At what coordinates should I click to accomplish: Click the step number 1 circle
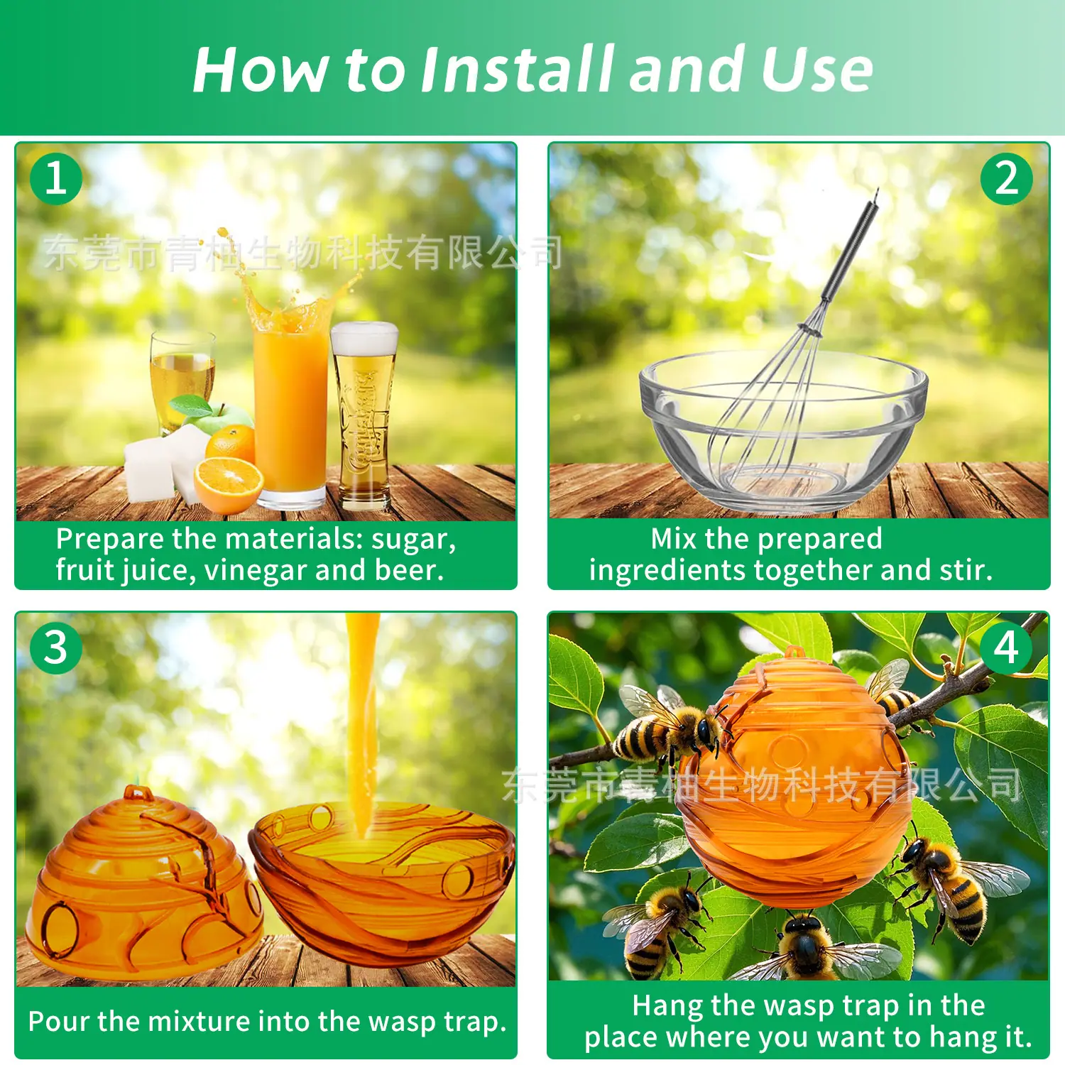(x=56, y=178)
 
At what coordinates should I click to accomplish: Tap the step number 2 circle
(x=1006, y=178)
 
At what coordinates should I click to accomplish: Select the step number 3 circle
(x=56, y=648)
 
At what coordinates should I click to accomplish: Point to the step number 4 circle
(x=1006, y=648)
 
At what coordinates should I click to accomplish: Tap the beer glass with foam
(x=364, y=415)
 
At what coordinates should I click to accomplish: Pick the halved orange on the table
(x=228, y=486)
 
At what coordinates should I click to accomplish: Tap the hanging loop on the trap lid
(x=138, y=792)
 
